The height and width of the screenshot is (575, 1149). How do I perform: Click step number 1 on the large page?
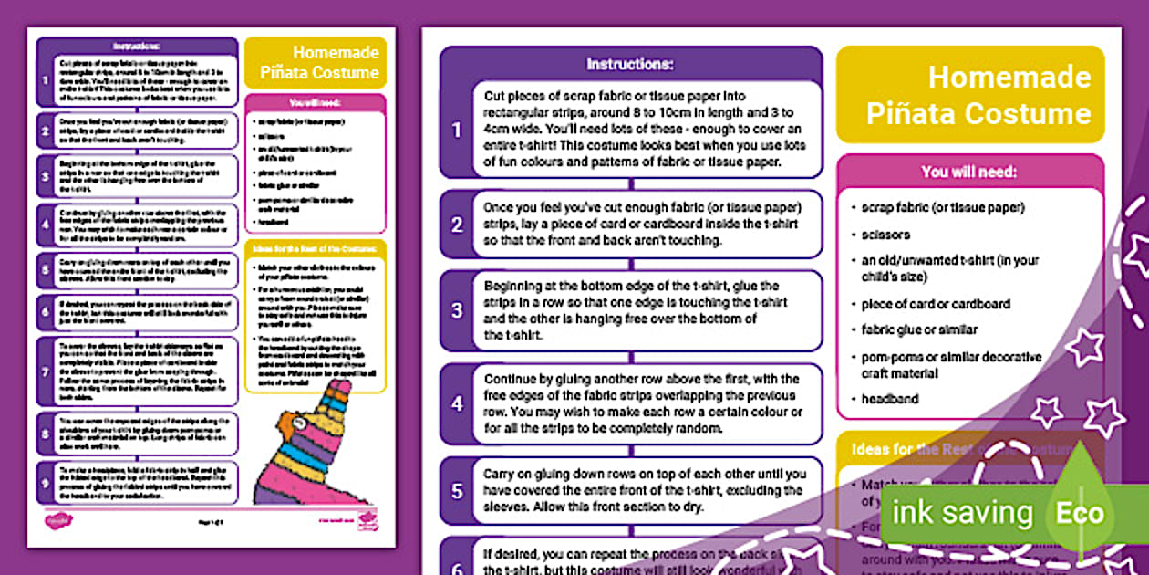click(x=457, y=130)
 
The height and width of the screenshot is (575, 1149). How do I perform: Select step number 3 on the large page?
click(x=457, y=309)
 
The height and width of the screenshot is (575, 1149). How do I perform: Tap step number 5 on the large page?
click(x=457, y=491)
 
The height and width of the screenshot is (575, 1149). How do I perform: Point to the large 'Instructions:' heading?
click(x=630, y=64)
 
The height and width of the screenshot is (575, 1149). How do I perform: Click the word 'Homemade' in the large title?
click(x=1009, y=78)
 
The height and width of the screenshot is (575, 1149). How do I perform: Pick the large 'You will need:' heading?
click(x=968, y=172)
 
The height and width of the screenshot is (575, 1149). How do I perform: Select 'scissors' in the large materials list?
click(x=885, y=235)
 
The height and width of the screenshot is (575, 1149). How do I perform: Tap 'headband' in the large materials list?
click(x=890, y=399)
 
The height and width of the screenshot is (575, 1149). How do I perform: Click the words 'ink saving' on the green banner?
click(x=962, y=513)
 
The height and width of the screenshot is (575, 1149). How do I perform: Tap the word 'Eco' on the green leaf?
click(x=1080, y=513)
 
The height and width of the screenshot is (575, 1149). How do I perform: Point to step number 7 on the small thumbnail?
click(x=44, y=372)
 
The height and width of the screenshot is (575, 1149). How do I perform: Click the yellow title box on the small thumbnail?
click(x=316, y=63)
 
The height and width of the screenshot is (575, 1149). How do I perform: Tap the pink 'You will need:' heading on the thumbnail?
click(x=316, y=103)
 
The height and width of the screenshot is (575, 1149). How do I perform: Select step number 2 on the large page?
click(x=457, y=224)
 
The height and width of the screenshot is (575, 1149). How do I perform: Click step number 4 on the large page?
click(x=457, y=402)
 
